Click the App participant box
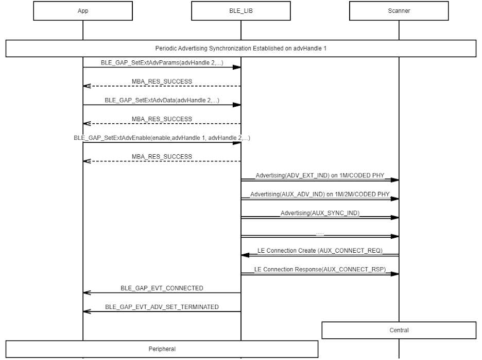(x=83, y=11)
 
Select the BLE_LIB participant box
(x=240, y=11)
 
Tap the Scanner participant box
(x=399, y=11)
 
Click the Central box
(x=399, y=330)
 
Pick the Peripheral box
(x=162, y=349)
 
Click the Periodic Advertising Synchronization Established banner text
(x=240, y=48)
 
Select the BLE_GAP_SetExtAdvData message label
(x=162, y=100)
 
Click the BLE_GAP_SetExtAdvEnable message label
(x=162, y=138)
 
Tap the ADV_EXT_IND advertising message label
(x=320, y=175)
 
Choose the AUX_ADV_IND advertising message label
(x=320, y=194)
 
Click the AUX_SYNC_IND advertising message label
(x=320, y=213)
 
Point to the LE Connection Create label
(x=320, y=251)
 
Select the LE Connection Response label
(x=320, y=270)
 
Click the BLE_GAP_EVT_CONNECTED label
(x=162, y=288)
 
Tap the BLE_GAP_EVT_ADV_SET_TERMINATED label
(x=162, y=307)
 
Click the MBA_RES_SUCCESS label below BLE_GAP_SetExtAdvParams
(x=162, y=81)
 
